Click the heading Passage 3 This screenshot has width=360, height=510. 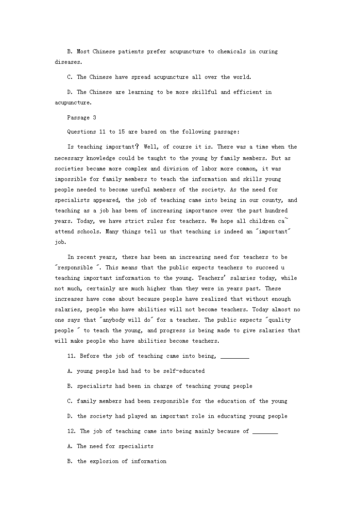(x=82, y=118)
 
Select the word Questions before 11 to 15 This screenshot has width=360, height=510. (x=82, y=132)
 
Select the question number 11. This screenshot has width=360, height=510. (x=71, y=356)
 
